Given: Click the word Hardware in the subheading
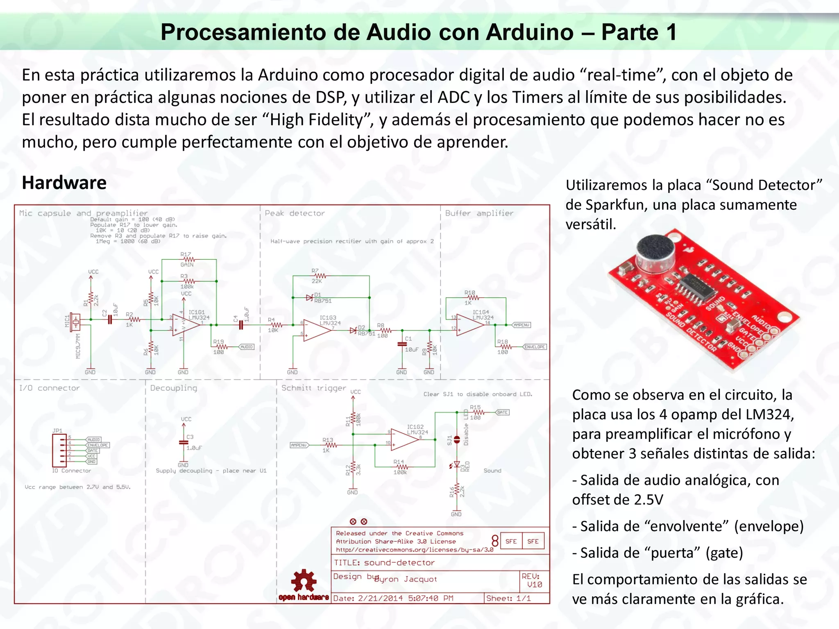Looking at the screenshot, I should pyautogui.click(x=64, y=183).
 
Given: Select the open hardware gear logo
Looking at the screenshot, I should pyautogui.click(x=304, y=581).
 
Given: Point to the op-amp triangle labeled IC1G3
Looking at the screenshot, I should pyautogui.click(x=316, y=330).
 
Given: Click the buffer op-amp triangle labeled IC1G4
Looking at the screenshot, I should pyautogui.click(x=469, y=324).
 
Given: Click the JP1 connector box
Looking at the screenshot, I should pyautogui.click(x=59, y=450).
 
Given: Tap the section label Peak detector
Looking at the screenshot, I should pyautogui.click(x=295, y=213).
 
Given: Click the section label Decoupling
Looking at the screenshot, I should pyautogui.click(x=173, y=388).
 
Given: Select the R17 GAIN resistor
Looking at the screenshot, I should pyautogui.click(x=188, y=260).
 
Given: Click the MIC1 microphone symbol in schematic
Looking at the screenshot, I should pyautogui.click(x=75, y=322).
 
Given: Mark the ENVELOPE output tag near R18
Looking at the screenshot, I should pyautogui.click(x=535, y=347).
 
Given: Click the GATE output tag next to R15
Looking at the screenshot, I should pyautogui.click(x=503, y=412).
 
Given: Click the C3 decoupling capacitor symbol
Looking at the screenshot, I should pyautogui.click(x=184, y=443).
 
